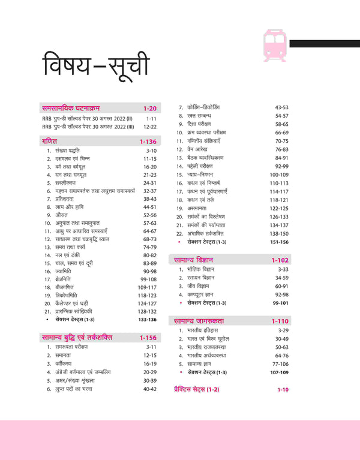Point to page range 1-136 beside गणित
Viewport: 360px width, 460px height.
pyautogui.click(x=148, y=142)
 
